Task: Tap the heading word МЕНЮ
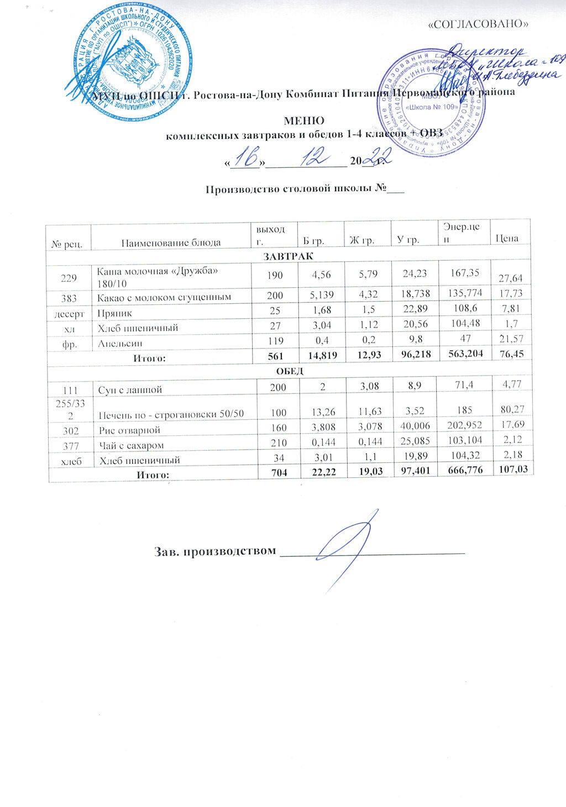click(x=303, y=121)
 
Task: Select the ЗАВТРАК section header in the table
click(x=288, y=256)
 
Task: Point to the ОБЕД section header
click(x=290, y=371)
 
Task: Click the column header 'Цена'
click(x=506, y=239)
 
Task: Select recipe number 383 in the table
click(x=69, y=297)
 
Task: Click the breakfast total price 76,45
click(x=511, y=354)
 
